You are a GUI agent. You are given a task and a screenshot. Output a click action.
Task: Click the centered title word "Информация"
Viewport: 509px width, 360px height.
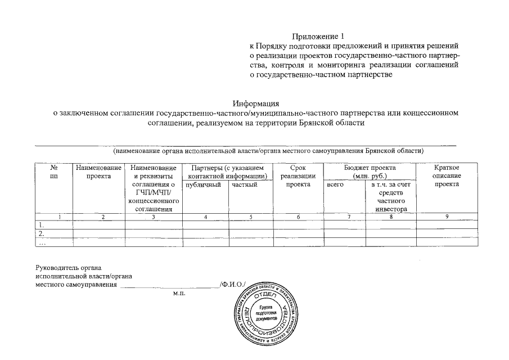(x=256, y=103)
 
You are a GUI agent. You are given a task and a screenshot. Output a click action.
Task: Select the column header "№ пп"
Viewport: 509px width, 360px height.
(x=54, y=172)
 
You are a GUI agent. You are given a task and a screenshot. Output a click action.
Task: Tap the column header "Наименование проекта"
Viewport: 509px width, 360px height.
(x=98, y=172)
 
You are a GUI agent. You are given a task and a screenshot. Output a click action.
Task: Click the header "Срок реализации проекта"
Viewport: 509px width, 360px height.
(x=298, y=176)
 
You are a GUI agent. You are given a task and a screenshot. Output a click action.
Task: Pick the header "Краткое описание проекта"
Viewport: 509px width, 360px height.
(x=447, y=176)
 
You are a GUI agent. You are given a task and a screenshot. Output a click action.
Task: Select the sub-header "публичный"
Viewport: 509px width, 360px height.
(x=202, y=184)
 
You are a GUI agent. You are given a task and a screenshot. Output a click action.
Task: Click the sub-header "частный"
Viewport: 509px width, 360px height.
(x=245, y=184)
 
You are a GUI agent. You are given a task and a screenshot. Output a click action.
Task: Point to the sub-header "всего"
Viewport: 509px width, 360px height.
(x=335, y=184)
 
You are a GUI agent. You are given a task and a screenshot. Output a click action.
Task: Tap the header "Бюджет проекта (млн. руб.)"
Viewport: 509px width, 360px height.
(x=370, y=172)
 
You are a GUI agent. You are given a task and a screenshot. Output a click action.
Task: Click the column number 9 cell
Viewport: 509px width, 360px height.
(x=447, y=217)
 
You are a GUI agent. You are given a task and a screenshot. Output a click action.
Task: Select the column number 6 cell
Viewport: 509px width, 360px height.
(x=298, y=217)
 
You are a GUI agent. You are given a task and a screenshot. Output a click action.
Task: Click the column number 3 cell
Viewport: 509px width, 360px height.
(x=153, y=217)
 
